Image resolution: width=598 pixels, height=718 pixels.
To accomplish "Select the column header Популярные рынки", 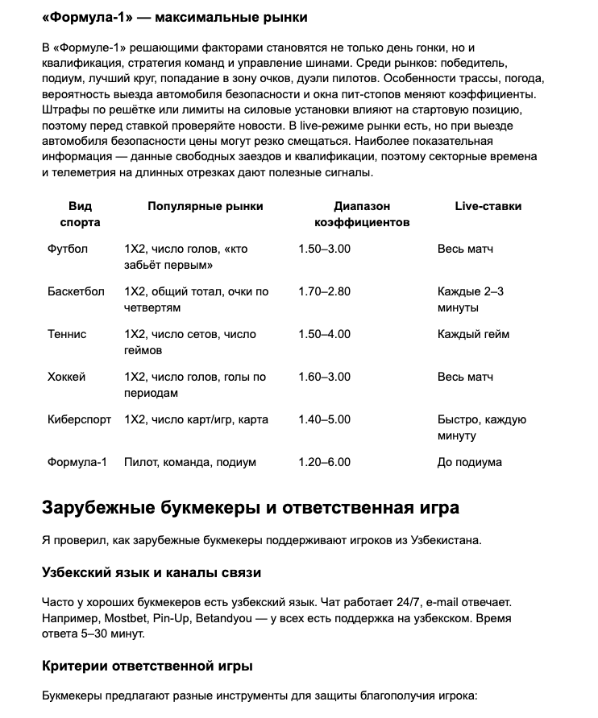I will (205, 206).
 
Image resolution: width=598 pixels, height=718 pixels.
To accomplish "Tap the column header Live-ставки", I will (488, 206).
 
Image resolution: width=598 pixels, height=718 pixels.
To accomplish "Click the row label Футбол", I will (68, 249).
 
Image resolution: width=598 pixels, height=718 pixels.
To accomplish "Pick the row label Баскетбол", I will (76, 291).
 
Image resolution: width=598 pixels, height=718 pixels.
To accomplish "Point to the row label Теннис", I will (67, 334).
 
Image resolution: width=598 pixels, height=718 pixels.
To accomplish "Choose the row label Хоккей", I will (66, 377).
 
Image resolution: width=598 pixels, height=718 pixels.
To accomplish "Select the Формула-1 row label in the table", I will (77, 462).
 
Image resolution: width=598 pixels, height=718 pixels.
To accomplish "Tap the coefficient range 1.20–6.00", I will (324, 462).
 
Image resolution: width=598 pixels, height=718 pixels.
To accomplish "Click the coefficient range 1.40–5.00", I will (324, 419).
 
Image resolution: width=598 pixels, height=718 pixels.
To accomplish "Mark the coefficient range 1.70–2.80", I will (324, 291).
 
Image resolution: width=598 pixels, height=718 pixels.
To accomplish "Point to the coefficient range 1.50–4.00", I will (324, 334).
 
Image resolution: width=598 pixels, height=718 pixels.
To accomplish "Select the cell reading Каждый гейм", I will (473, 334).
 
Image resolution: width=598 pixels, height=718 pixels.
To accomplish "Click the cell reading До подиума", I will (469, 462).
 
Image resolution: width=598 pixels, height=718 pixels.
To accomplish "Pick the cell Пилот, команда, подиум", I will (190, 462).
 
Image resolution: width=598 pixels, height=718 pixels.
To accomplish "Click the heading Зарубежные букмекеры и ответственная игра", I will (250, 508).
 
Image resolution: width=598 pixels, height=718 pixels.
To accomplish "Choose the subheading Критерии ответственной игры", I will (147, 666).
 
